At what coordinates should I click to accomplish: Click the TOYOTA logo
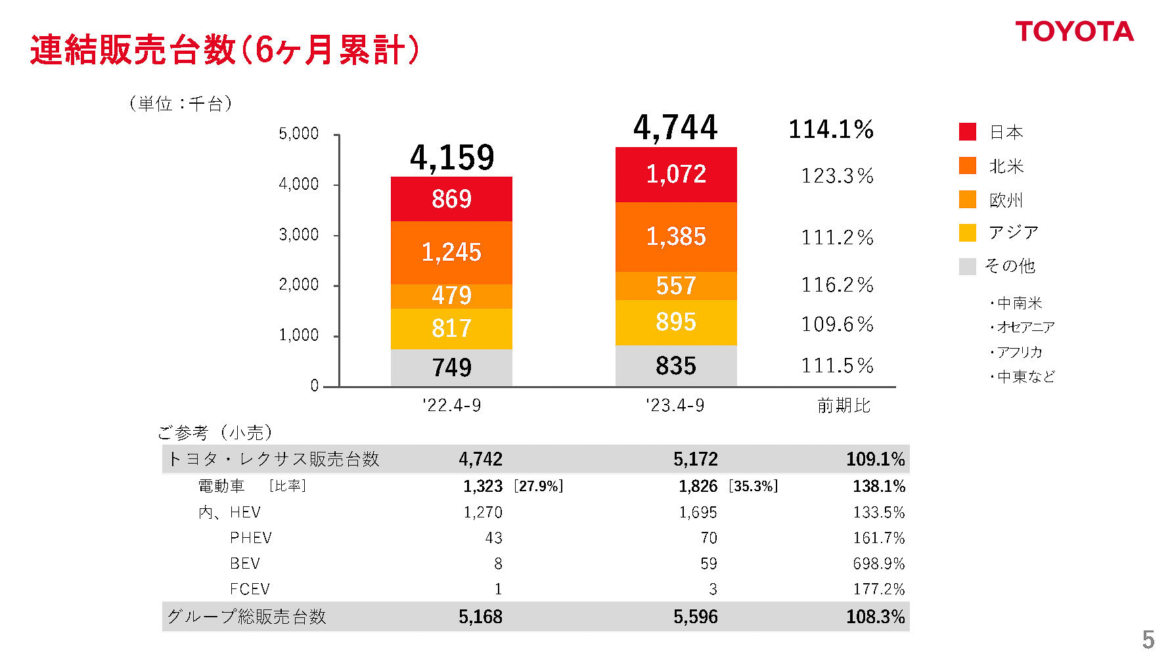(x=1074, y=32)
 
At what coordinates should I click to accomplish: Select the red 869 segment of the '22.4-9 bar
(x=451, y=199)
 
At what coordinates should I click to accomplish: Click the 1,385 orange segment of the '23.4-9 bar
(x=676, y=236)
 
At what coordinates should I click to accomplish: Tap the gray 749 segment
(x=451, y=367)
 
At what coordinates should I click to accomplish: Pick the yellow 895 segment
(x=676, y=322)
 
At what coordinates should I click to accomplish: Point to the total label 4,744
(x=675, y=127)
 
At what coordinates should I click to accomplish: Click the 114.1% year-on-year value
(x=831, y=129)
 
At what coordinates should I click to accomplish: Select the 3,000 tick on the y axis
(x=299, y=234)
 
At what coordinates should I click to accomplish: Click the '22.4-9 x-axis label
(x=451, y=405)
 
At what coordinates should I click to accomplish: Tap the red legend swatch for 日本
(x=968, y=132)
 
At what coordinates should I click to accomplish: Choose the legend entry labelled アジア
(x=1014, y=232)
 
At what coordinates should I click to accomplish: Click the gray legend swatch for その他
(x=968, y=266)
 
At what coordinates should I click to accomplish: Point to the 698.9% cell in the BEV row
(x=878, y=563)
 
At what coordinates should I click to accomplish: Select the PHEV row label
(x=250, y=538)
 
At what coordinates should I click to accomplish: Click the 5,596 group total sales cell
(x=695, y=617)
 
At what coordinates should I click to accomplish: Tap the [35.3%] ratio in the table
(x=753, y=486)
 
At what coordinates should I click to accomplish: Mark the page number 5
(x=1148, y=639)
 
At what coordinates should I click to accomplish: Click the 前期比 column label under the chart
(x=844, y=405)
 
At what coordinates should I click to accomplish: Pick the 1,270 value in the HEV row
(x=483, y=512)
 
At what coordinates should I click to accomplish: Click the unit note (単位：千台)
(x=181, y=103)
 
